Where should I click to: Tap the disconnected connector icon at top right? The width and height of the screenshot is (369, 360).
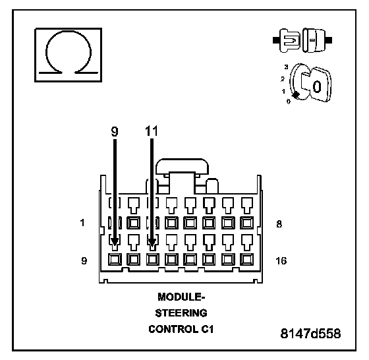(302, 40)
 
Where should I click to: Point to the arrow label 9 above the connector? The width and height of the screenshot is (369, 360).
(115, 131)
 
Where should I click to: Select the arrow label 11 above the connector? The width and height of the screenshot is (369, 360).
(152, 131)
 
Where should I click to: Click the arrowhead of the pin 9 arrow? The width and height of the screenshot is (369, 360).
(115, 242)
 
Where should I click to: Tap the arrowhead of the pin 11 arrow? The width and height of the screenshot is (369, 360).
(152, 242)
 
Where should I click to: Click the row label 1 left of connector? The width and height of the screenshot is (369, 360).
(82, 222)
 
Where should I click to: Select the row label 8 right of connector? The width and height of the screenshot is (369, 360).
(279, 224)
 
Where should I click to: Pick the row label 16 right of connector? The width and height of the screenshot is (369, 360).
(281, 261)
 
